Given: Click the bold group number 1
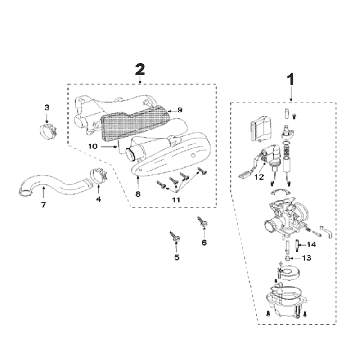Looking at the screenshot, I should [290, 77].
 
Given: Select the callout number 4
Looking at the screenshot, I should [98, 199].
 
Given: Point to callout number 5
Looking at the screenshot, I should [177, 257].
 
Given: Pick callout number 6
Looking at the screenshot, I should [204, 242].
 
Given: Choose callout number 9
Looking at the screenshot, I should [180, 109].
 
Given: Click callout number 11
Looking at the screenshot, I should [176, 200].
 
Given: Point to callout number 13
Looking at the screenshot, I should [307, 258].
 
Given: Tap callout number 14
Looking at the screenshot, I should [311, 244].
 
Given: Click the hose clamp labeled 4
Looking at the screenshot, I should [98, 179].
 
